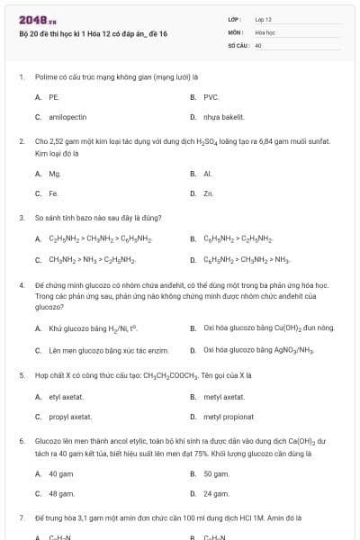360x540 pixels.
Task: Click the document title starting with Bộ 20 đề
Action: point(93,34)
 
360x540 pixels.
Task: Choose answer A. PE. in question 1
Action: point(48,96)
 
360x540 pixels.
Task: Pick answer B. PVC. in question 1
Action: point(205,96)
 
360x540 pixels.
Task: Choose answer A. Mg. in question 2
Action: point(49,173)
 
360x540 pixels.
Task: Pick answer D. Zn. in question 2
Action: point(202,193)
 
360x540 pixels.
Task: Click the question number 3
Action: point(22,218)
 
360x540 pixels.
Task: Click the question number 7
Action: point(22,518)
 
